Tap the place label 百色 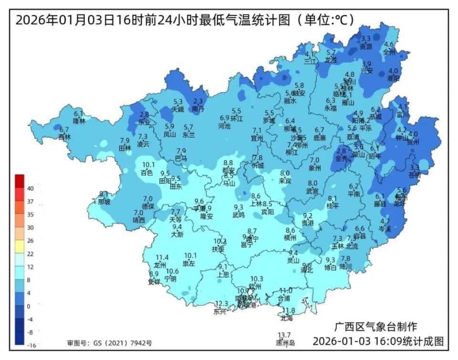click(147, 172)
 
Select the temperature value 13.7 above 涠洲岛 click(285, 335)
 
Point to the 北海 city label click(287, 318)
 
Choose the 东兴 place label click(219, 311)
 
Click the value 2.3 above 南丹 click(198, 101)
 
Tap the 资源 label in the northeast click(365, 46)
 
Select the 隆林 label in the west click(79, 121)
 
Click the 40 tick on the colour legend click(30, 189)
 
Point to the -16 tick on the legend click(30, 345)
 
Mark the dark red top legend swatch click(19, 181)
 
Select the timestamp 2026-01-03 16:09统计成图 click(378, 342)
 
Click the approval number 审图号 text click(109, 343)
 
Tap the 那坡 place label click(104, 201)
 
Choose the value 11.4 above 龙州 click(162, 258)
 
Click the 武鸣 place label click(239, 215)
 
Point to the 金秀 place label click(342, 158)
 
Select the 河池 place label click(224, 126)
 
